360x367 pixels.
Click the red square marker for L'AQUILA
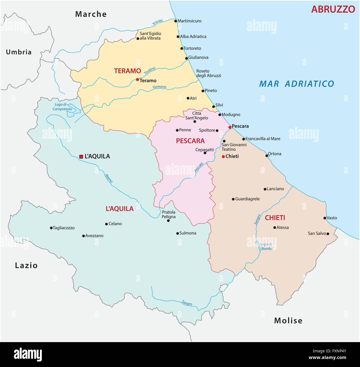81,157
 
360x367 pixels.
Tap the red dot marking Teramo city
137,79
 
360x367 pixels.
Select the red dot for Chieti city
223,156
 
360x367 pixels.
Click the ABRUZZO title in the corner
333,9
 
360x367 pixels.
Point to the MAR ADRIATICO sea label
297,84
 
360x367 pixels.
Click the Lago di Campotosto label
62,107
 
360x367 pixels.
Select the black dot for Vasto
325,218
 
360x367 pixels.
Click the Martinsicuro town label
189,21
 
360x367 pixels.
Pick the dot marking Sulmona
178,233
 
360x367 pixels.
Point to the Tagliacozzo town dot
51,228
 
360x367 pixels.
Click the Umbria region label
19,52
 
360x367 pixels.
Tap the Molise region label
288,321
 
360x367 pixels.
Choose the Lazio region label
26,265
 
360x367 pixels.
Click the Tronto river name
158,23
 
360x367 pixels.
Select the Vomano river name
160,87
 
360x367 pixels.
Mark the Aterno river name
109,178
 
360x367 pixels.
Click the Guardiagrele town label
247,199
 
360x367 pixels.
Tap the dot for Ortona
267,156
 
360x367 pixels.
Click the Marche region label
91,14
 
